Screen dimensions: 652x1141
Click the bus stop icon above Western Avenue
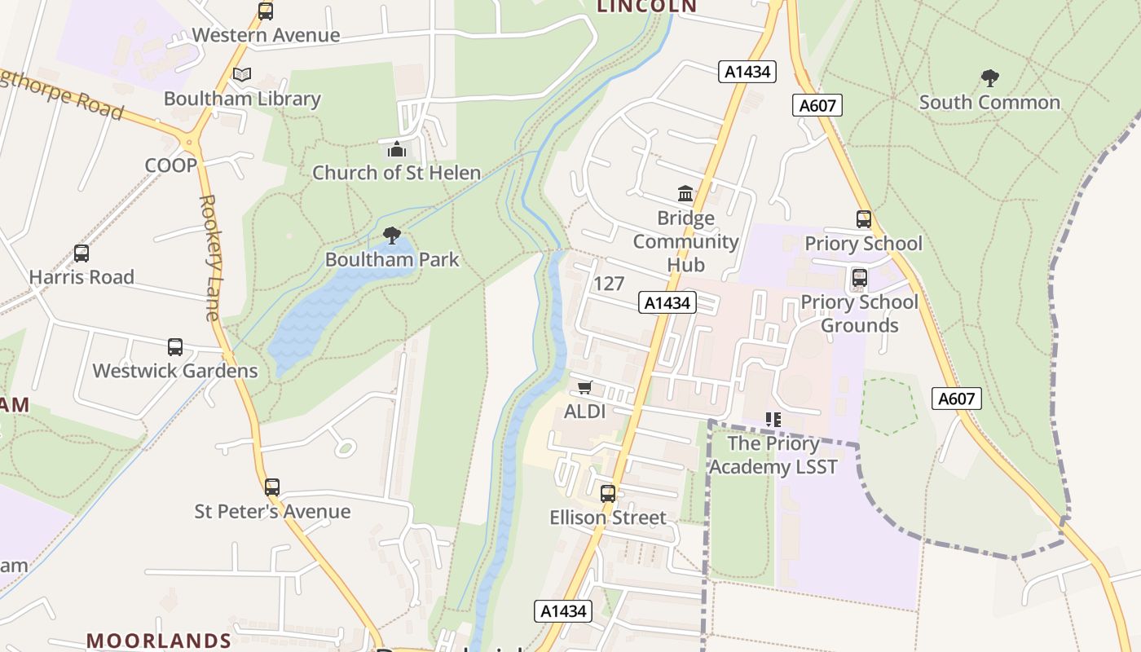(265, 11)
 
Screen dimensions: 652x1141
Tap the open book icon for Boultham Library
(242, 74)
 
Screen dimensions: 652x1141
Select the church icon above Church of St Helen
(396, 149)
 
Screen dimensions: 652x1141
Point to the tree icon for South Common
(990, 78)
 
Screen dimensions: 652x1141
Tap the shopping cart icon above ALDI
(584, 388)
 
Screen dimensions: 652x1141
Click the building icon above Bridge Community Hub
(685, 194)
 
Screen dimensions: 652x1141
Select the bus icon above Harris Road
(81, 253)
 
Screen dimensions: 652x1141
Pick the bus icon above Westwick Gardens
(175, 347)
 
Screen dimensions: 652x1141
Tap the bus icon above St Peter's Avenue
(272, 487)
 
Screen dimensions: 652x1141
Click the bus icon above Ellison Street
(608, 493)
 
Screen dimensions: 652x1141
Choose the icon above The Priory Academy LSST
(773, 420)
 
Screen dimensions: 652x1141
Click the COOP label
(171, 165)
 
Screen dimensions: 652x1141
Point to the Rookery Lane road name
(210, 257)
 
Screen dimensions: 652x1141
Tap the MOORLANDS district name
(159, 641)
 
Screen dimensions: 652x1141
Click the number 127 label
(609, 284)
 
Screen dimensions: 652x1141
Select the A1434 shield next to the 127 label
(667, 303)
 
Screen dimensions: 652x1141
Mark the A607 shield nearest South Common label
(817, 105)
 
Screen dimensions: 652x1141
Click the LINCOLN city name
(647, 7)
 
